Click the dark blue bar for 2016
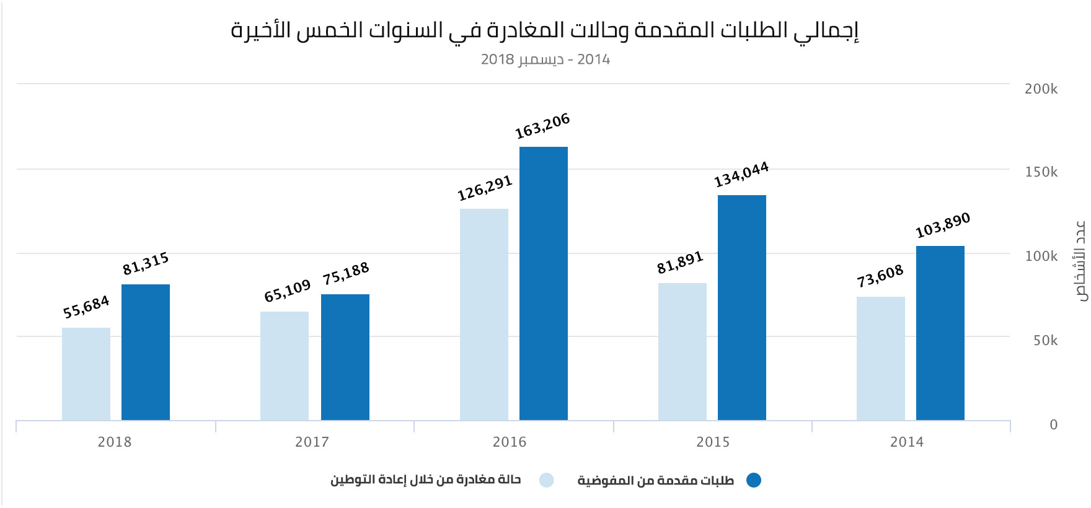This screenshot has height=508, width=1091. (x=543, y=283)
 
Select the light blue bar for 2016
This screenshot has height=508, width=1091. (x=484, y=314)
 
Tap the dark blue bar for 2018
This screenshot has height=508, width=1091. (x=145, y=352)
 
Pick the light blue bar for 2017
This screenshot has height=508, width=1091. (x=284, y=366)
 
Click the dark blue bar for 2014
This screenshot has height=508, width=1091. (x=940, y=333)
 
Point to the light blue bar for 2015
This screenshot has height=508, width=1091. (x=682, y=351)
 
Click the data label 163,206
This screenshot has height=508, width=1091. (x=542, y=126)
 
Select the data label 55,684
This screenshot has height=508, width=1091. (x=86, y=307)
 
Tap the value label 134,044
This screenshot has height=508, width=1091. (x=741, y=174)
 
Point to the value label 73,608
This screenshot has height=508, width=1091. (x=880, y=276)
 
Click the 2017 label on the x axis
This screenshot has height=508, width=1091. (x=312, y=442)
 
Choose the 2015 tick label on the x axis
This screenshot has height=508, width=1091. (x=713, y=442)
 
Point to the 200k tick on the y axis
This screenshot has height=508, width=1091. (x=1041, y=89)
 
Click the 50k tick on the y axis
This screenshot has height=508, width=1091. (x=1045, y=341)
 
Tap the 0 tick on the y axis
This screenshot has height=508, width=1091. (x=1053, y=425)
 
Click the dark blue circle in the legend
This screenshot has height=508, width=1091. (x=753, y=480)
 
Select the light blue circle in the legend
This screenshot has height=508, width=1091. (x=546, y=480)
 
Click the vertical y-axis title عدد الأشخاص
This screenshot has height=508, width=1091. (x=1080, y=260)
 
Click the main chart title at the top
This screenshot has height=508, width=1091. (x=545, y=30)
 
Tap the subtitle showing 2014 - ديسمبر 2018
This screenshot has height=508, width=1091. (x=545, y=59)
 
